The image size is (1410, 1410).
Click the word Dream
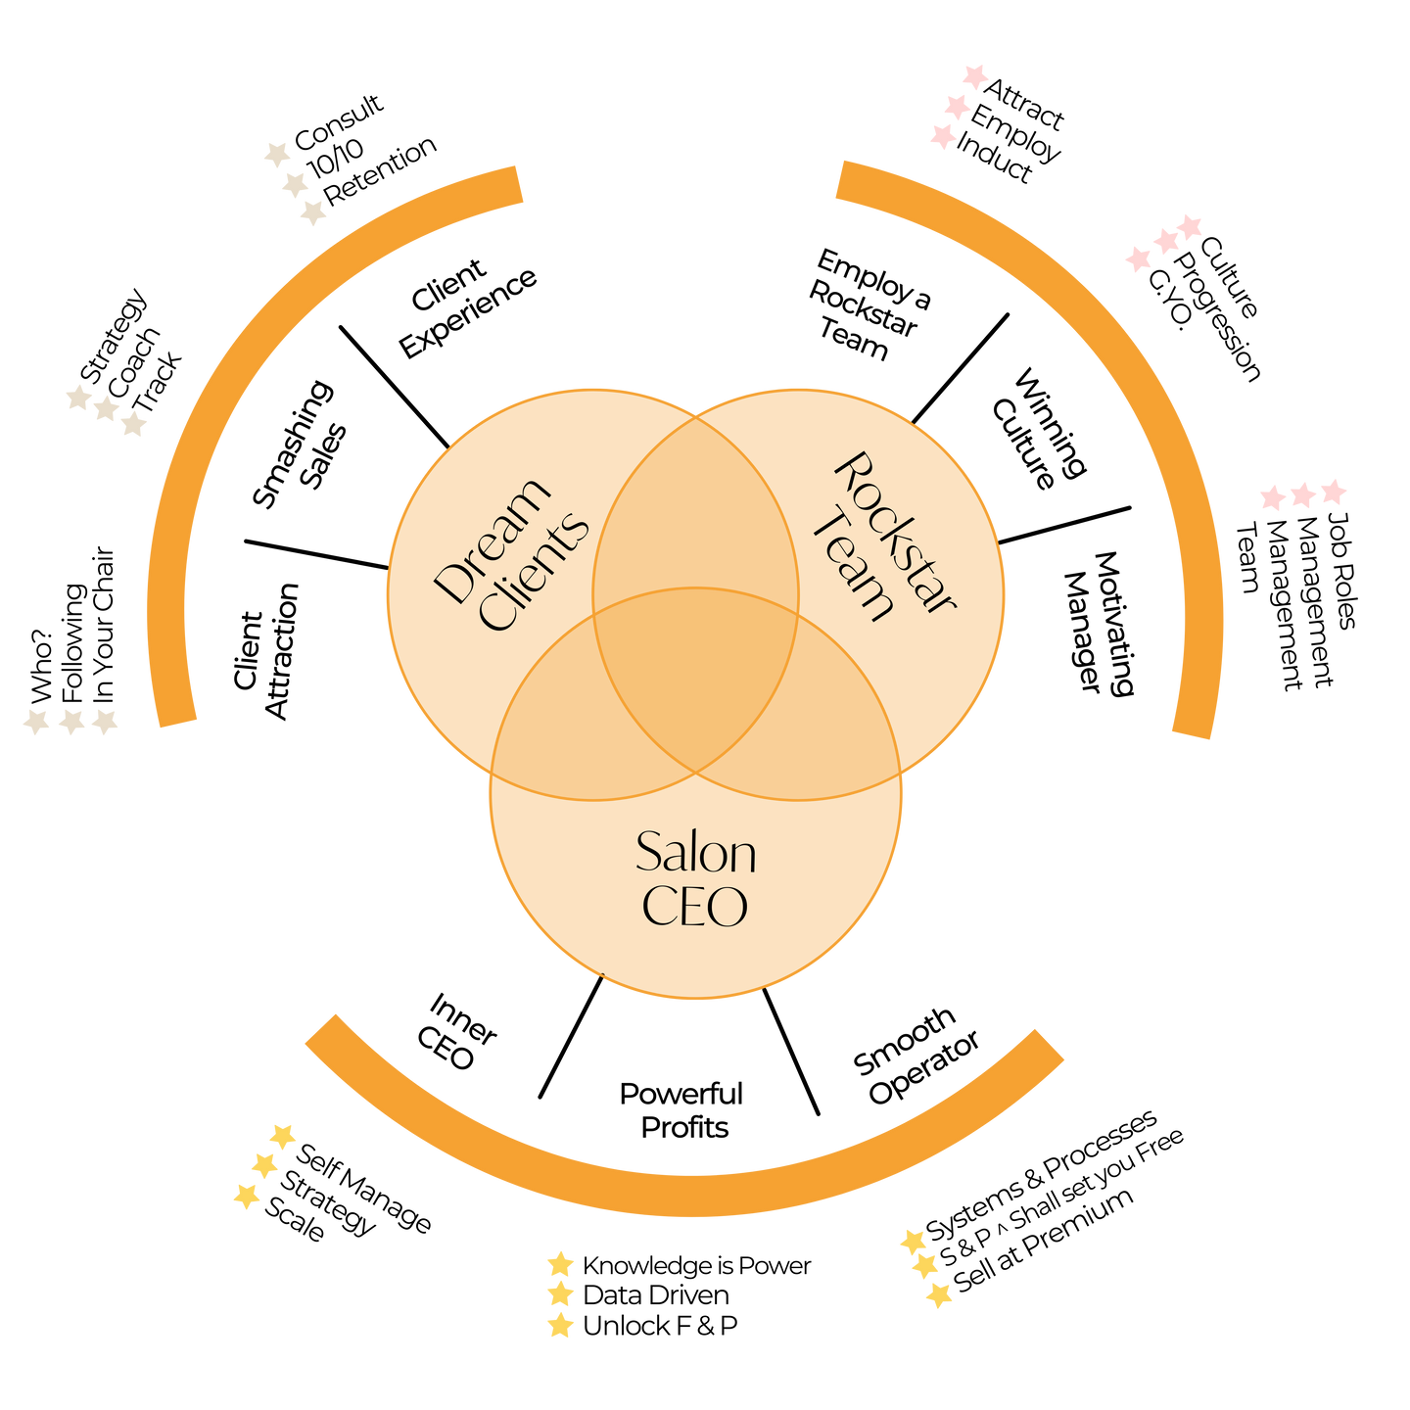click(493, 540)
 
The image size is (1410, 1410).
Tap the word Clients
click(536, 572)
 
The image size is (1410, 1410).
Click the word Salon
click(695, 853)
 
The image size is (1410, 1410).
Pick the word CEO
click(694, 906)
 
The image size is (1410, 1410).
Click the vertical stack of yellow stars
click(560, 1294)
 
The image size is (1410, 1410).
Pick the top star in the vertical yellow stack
click(560, 1263)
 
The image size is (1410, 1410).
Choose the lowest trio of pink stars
click(1303, 494)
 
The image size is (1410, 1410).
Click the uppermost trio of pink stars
click(959, 106)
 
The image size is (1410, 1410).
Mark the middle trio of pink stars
click(1164, 242)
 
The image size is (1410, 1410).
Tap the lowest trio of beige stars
click(70, 722)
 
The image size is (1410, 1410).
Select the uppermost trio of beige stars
click(295, 183)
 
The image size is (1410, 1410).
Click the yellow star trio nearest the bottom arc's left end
click(264, 1165)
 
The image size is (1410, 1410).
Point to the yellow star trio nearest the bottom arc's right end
click(925, 1267)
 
